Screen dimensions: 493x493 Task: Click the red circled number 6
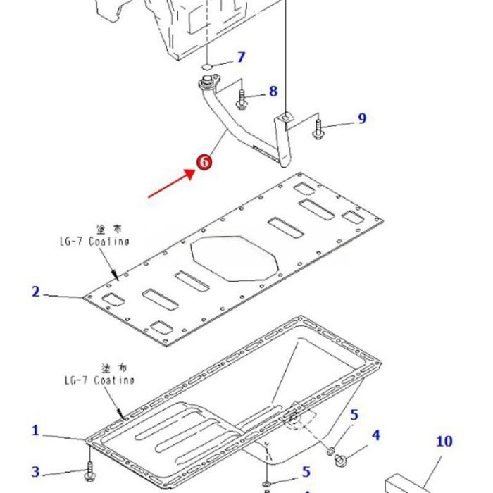204,162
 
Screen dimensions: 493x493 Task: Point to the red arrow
170,185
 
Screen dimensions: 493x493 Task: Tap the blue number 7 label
241,57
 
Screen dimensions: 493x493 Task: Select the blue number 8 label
273,91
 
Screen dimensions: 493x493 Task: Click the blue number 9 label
362,118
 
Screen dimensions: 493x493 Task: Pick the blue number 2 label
35,291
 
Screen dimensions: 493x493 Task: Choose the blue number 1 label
35,430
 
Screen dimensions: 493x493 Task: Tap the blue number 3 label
35,472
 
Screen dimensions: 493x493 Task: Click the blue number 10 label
444,442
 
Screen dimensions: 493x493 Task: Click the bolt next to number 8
242,99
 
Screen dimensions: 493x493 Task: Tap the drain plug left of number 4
342,460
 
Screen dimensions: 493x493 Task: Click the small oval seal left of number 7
208,65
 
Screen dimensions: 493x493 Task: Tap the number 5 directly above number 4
354,415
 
